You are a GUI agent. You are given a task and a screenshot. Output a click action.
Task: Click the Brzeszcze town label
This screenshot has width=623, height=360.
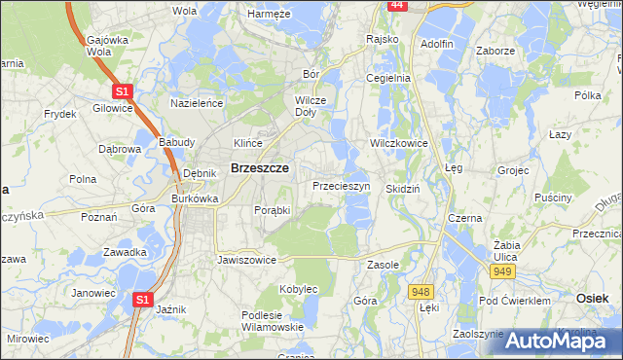tap(258, 167)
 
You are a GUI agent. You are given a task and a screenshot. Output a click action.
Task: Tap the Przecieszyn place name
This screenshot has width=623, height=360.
tap(342, 185)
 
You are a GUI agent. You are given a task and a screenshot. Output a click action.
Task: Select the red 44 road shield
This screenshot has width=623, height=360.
tap(396, 5)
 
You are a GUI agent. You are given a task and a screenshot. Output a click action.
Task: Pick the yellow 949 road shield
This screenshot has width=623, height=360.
tap(501, 270)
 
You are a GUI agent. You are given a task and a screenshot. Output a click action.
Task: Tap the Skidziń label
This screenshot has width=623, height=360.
tap(402, 189)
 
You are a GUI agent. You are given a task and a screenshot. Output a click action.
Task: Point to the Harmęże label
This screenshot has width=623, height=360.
tap(269, 15)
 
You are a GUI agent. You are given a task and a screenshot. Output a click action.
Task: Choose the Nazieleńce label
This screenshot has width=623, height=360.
tap(198, 102)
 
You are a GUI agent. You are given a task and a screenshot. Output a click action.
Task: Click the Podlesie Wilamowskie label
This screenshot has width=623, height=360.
tap(273, 320)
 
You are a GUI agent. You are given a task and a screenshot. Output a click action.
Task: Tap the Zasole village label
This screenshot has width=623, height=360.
tap(385, 265)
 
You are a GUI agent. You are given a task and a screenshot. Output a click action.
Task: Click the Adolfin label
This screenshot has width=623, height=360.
tap(436, 44)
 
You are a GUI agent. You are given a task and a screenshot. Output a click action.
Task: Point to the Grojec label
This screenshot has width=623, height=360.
tap(513, 170)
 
